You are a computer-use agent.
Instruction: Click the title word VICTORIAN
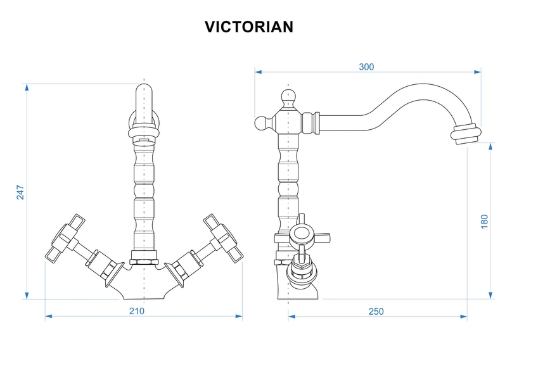(x=248, y=27)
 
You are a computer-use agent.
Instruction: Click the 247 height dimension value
(x=20, y=192)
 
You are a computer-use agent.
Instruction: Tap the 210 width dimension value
(x=137, y=310)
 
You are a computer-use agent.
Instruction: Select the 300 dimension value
(x=366, y=66)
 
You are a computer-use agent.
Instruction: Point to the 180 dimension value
(x=485, y=221)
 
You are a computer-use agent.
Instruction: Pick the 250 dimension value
(x=376, y=311)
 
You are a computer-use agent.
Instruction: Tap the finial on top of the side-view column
(x=289, y=98)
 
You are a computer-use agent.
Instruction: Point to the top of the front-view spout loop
(x=144, y=85)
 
